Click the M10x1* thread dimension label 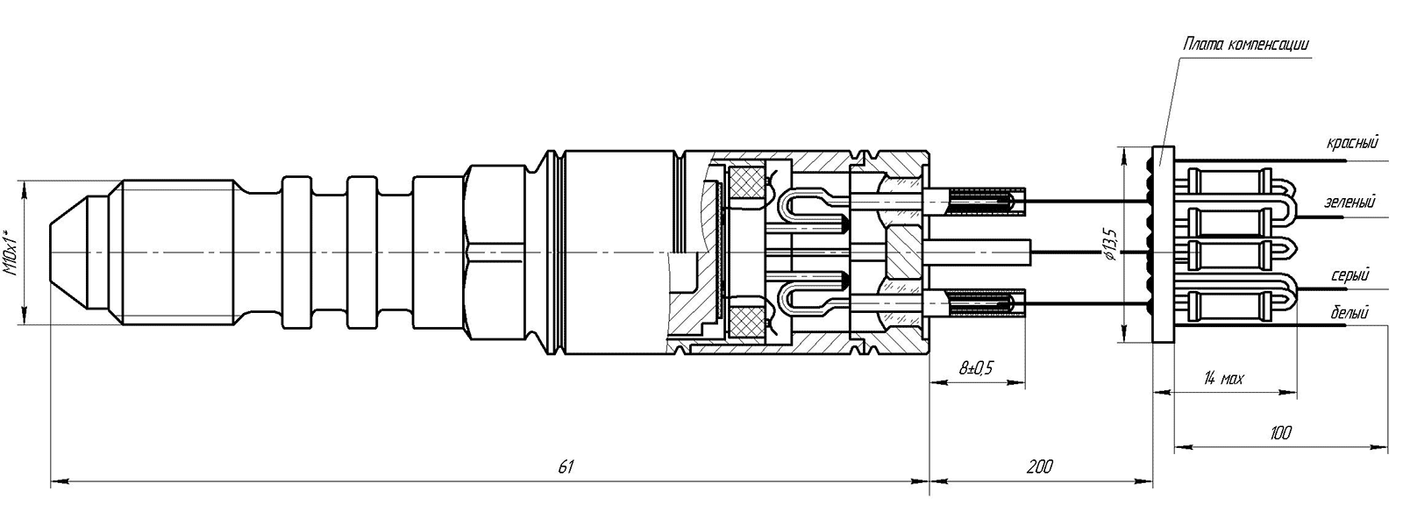pyautogui.click(x=11, y=252)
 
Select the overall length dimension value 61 pyautogui.click(x=565, y=466)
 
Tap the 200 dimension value pyautogui.click(x=1040, y=466)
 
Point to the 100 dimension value pyautogui.click(x=1280, y=432)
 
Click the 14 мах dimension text pyautogui.click(x=1224, y=379)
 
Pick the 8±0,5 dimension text pyautogui.click(x=976, y=367)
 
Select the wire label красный pyautogui.click(x=1352, y=144)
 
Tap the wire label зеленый pyautogui.click(x=1350, y=203)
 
